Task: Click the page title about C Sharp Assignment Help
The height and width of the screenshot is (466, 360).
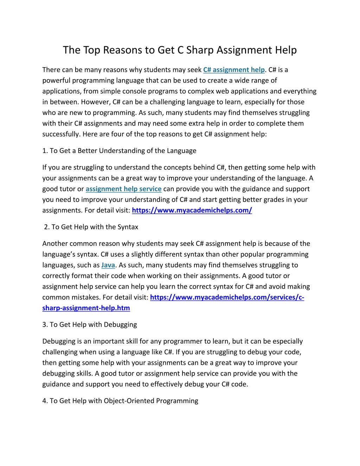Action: point(180,50)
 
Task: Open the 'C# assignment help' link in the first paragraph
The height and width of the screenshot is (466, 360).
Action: point(234,70)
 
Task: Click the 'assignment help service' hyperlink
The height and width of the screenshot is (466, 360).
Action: point(123,189)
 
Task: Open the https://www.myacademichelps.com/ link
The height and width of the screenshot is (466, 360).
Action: point(192,210)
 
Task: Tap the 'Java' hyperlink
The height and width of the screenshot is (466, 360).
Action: point(108,265)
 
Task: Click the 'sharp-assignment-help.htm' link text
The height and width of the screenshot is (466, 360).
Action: point(86,308)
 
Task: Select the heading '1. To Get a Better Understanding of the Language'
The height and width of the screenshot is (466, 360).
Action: point(119,151)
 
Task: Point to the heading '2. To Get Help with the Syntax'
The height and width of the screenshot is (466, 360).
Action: point(91,227)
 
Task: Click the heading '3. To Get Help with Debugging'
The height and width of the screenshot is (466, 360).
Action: point(90,325)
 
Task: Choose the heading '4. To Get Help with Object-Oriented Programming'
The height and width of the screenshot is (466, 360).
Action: point(120,401)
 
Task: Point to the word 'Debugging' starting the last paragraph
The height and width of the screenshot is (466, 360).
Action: point(58,341)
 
